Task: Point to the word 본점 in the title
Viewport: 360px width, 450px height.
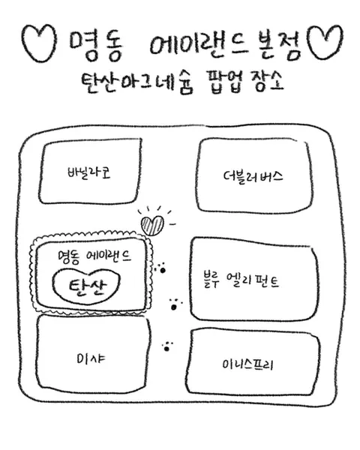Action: pyautogui.click(x=277, y=45)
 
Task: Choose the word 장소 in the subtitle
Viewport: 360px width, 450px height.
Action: pyautogui.click(x=268, y=81)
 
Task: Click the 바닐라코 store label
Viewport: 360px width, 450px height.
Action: pyautogui.click(x=89, y=172)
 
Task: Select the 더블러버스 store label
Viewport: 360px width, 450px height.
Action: pyautogui.click(x=253, y=177)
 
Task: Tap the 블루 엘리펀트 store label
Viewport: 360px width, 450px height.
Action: pyautogui.click(x=241, y=280)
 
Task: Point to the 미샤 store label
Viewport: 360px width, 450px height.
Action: pyautogui.click(x=91, y=358)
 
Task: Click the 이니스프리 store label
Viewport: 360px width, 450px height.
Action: pyautogui.click(x=247, y=365)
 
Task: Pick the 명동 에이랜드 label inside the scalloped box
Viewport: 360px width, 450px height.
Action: pyautogui.click(x=94, y=256)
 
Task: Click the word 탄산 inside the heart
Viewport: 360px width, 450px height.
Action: pyautogui.click(x=88, y=286)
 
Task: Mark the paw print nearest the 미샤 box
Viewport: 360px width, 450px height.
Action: pyautogui.click(x=167, y=347)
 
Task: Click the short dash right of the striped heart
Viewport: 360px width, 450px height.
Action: pyautogui.click(x=172, y=224)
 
